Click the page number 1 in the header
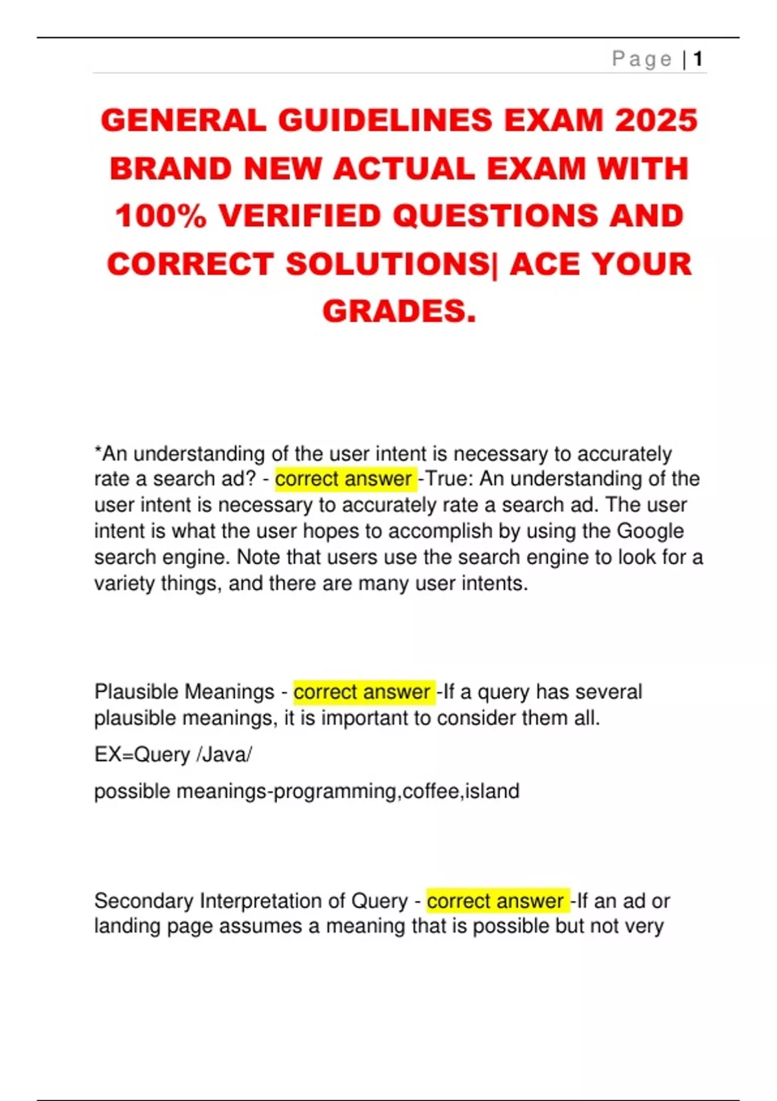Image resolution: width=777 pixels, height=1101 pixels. tap(697, 59)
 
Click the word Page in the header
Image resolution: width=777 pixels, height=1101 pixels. tap(642, 59)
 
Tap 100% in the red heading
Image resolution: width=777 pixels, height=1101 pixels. tap(161, 216)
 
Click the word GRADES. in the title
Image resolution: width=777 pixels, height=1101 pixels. tap(399, 311)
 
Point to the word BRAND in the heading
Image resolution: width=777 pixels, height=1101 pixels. tap(170, 168)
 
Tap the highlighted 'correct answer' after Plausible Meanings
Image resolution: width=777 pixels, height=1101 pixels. tap(362, 692)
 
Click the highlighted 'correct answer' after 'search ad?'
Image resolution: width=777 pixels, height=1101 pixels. tap(344, 479)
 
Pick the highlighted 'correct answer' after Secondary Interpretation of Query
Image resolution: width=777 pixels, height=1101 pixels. tap(495, 901)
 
